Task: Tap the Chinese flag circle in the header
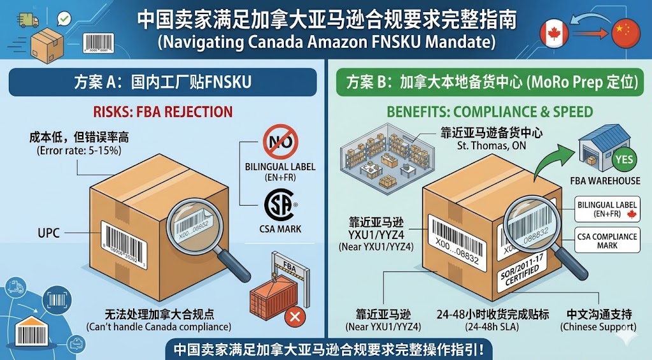(625, 31)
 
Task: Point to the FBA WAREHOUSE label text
(606, 181)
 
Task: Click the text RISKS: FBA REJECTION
(163, 112)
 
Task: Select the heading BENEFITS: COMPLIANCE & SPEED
(490, 112)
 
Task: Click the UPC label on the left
(49, 233)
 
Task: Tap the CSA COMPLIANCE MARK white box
(607, 241)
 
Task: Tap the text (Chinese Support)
(598, 327)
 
